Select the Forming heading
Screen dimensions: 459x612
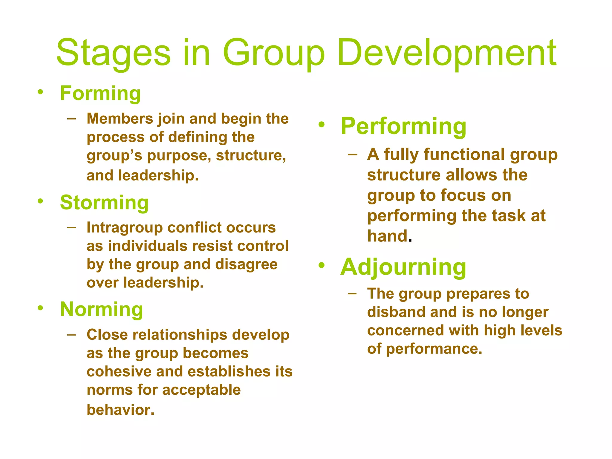pyautogui.click(x=100, y=94)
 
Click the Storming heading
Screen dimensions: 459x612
pyautogui.click(x=104, y=203)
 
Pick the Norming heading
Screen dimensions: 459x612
pyautogui.click(x=102, y=309)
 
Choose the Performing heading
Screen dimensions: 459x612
pyautogui.click(x=403, y=127)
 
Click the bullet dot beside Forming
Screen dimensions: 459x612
pyautogui.click(x=40, y=92)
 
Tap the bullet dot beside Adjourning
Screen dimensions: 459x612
pyautogui.click(x=321, y=265)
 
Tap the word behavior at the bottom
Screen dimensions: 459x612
pyautogui.click(x=120, y=410)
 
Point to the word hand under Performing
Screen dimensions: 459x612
pyautogui.click(x=388, y=236)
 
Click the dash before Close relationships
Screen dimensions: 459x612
pyautogui.click(x=71, y=335)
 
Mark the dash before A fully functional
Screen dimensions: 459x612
pyautogui.click(x=352, y=154)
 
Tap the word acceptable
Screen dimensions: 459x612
pyautogui.click(x=201, y=390)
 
